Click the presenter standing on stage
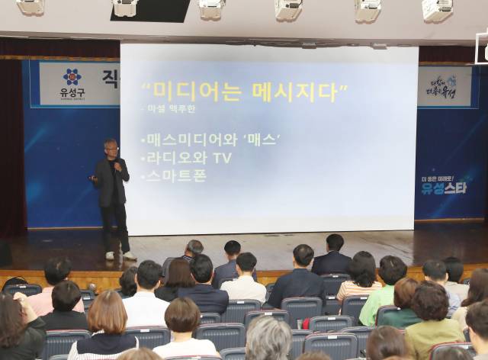(112, 194)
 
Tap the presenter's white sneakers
(120, 256)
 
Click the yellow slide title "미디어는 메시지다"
(245, 92)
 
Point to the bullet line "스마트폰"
(173, 175)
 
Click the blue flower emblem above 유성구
(72, 77)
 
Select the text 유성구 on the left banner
(72, 94)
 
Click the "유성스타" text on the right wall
(445, 188)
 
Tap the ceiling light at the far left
(31, 6)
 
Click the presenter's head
(111, 146)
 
